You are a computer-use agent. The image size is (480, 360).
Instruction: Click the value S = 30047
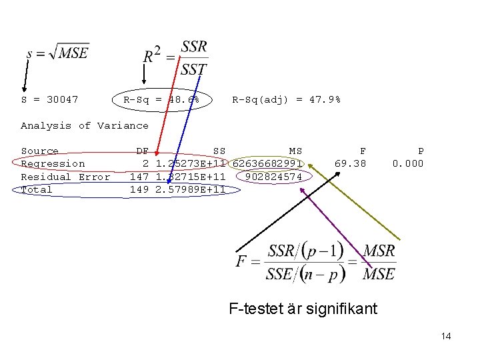click(49, 100)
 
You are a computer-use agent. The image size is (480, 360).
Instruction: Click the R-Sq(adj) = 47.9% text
click(286, 100)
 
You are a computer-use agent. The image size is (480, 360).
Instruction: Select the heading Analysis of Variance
click(85, 125)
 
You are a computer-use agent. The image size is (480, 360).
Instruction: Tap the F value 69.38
click(350, 164)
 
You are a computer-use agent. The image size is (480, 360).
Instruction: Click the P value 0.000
click(407, 164)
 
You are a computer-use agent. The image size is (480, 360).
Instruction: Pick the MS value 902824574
click(273, 177)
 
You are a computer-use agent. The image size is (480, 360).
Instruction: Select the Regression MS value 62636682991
click(267, 164)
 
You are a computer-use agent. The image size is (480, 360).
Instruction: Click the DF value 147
click(139, 177)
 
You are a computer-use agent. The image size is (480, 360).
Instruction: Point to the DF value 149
click(139, 189)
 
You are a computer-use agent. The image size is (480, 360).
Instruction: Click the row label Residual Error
click(65, 177)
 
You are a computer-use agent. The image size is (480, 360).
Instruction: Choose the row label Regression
click(53, 164)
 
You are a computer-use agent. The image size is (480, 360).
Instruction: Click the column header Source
click(40, 151)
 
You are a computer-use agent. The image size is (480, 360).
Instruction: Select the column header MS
click(295, 151)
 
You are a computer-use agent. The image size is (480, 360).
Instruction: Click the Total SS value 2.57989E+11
click(189, 189)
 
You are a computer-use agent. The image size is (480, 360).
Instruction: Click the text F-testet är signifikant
click(303, 309)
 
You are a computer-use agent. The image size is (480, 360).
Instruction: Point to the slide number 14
click(446, 337)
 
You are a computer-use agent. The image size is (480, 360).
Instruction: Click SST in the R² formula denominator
click(194, 68)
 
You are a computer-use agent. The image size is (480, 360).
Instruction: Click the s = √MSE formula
click(58, 53)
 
